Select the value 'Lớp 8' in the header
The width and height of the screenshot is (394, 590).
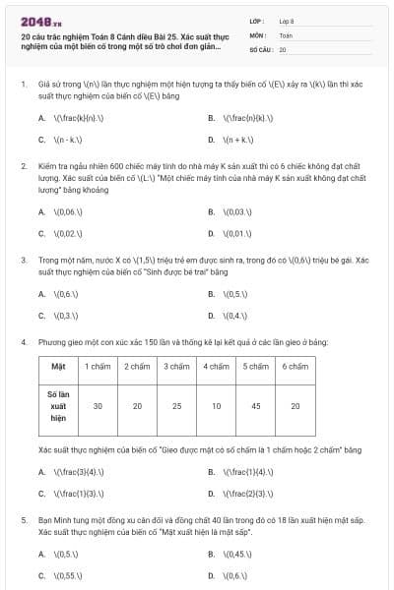287,20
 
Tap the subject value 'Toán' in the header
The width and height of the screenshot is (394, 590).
286,34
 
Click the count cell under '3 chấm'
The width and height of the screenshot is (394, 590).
176,405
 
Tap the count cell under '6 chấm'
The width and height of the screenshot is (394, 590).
295,405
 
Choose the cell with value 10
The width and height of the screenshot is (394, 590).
216,405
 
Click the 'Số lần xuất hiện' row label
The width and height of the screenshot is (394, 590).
58,405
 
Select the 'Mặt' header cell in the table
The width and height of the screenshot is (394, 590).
58,367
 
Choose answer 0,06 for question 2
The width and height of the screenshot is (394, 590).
71,211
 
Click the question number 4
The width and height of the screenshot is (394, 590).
23,342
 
